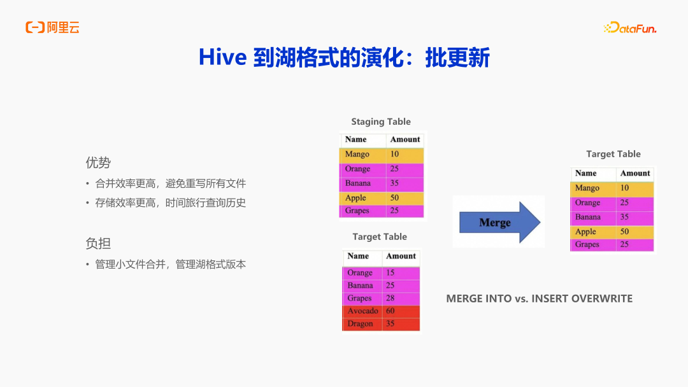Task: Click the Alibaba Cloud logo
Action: pos(52,27)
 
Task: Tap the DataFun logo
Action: pos(629,28)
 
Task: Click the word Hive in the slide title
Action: pos(223,57)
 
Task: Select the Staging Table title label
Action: pos(381,122)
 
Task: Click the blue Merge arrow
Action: pos(499,222)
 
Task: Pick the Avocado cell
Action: pos(362,311)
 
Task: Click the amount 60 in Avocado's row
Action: pos(390,311)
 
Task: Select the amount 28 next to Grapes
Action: pos(390,298)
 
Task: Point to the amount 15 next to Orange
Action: pos(390,272)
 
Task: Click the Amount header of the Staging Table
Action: pos(405,139)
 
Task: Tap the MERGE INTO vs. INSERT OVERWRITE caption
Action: pos(540,299)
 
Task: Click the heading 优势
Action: pos(98,162)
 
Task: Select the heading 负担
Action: pos(98,243)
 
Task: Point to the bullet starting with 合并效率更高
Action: pos(170,184)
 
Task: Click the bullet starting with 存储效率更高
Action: pos(170,203)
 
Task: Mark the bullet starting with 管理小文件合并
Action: pos(170,264)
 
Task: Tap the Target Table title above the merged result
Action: pos(613,154)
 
